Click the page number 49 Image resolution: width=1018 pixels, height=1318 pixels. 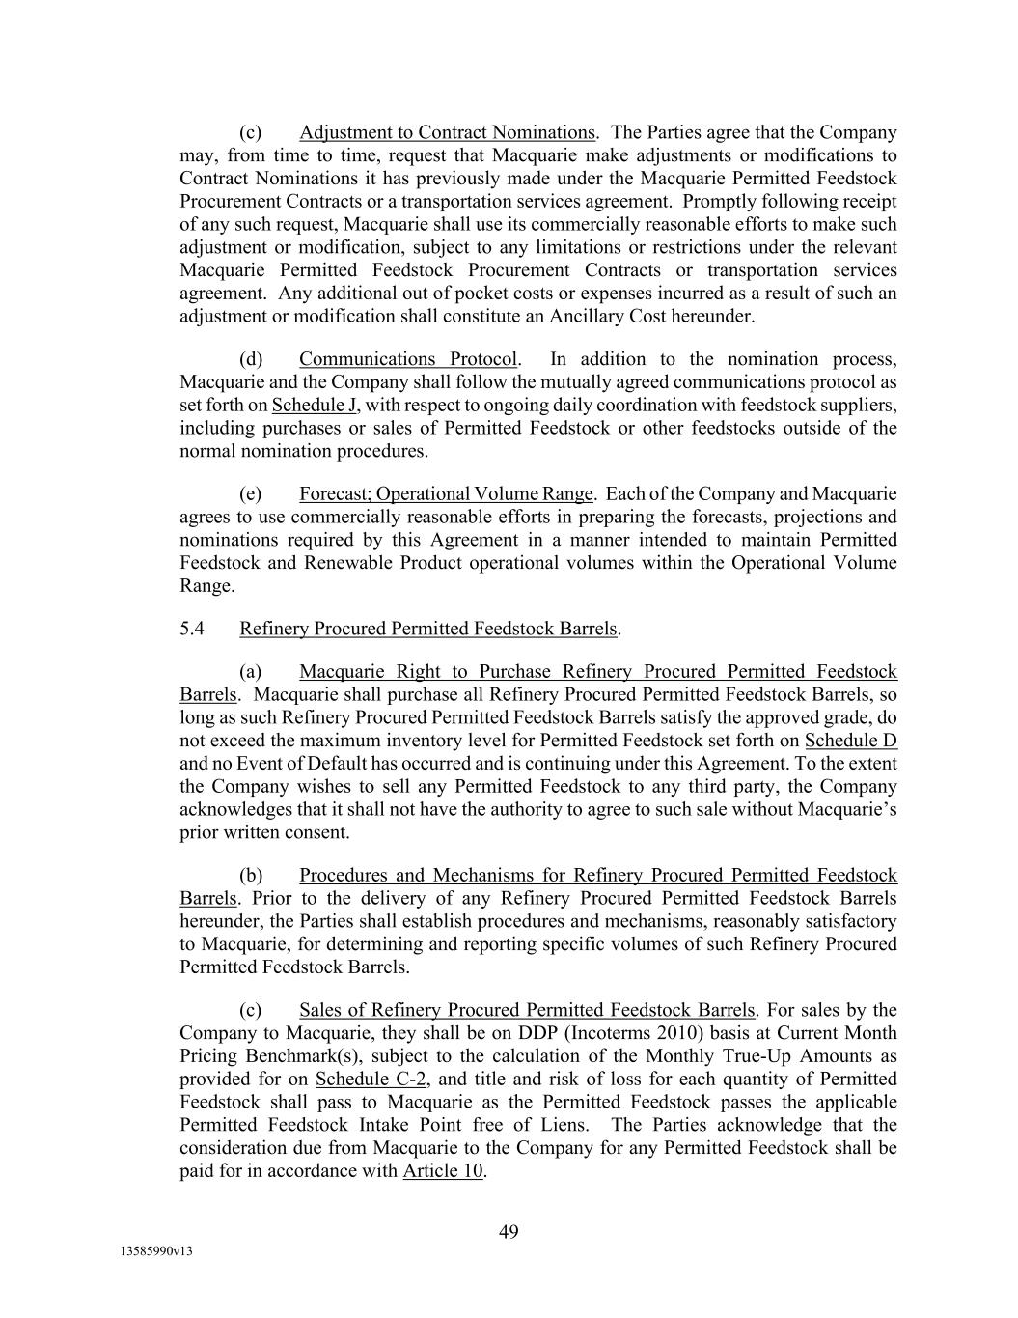(x=509, y=1231)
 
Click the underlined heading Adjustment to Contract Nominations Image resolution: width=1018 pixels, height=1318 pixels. (x=447, y=132)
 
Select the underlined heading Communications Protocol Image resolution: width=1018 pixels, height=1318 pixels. (x=408, y=359)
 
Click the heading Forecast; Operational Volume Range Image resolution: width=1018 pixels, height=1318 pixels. (x=446, y=494)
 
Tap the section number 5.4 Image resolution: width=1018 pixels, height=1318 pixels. (x=192, y=629)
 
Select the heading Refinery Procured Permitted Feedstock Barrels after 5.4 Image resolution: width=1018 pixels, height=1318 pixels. (x=427, y=629)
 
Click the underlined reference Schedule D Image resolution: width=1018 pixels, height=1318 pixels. (x=850, y=741)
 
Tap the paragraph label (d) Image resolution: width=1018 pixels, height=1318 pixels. (x=251, y=359)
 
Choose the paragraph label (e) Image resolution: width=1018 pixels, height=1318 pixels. (x=251, y=494)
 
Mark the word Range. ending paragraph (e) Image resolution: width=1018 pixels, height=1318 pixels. (x=206, y=586)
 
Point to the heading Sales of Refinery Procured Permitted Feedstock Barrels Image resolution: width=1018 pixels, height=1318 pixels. (x=528, y=1010)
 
